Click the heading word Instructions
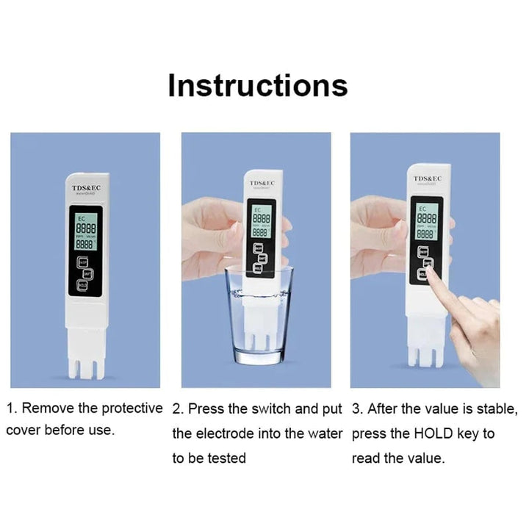tap(257, 85)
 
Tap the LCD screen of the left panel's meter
tap(86, 231)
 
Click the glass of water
tap(259, 316)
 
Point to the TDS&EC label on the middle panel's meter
tap(261, 183)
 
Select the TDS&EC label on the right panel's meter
tap(427, 179)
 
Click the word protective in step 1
tap(131, 409)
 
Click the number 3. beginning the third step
tap(357, 409)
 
